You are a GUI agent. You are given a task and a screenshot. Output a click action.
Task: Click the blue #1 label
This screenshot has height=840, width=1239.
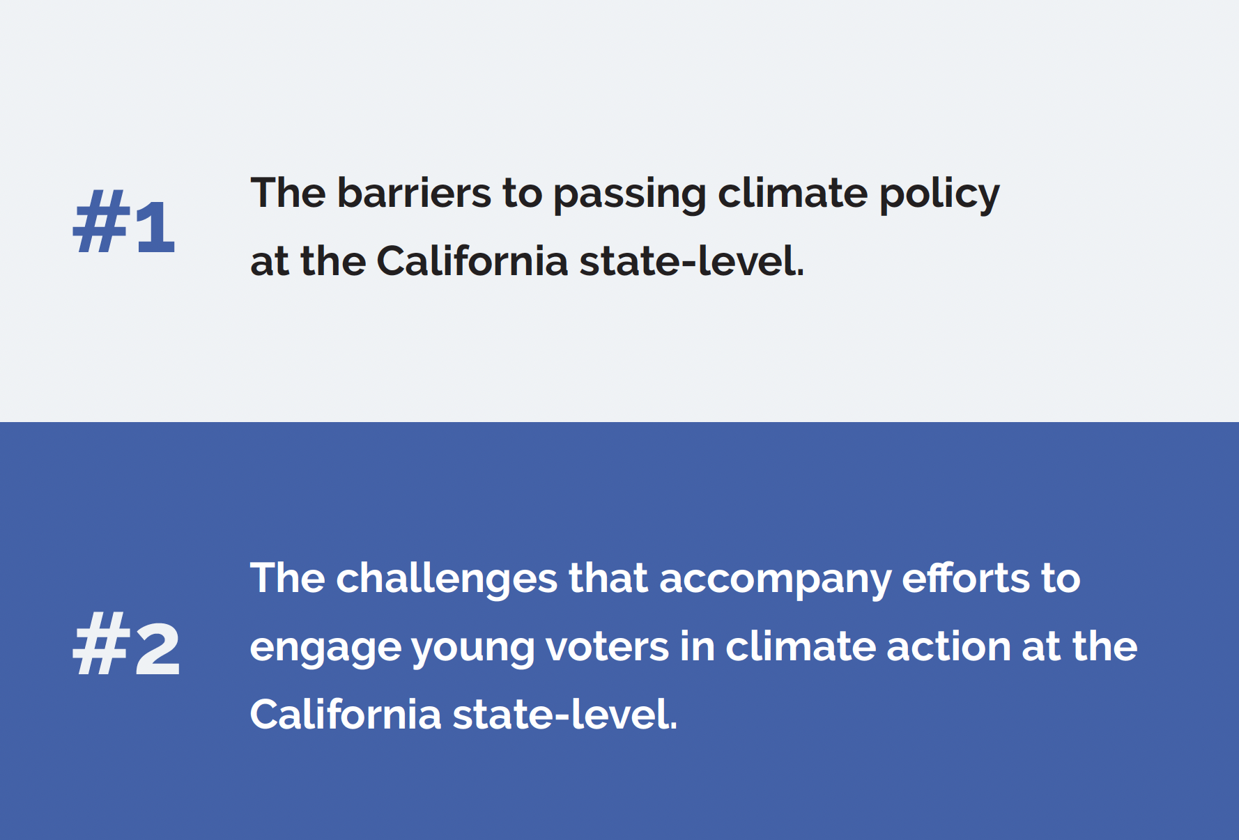124,221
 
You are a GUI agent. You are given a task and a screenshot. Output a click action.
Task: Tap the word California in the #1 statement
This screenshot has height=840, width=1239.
472,260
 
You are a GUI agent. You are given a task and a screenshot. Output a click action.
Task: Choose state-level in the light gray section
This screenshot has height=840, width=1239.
692,260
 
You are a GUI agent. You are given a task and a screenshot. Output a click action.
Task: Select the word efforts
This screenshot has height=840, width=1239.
966,578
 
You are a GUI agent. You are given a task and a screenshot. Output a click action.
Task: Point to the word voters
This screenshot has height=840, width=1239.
607,646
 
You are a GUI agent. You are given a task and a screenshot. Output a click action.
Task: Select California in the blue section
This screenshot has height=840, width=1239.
346,714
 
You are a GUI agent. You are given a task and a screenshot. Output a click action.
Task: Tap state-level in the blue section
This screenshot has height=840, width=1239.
565,714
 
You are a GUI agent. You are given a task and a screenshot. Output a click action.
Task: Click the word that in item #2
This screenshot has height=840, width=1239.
608,578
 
